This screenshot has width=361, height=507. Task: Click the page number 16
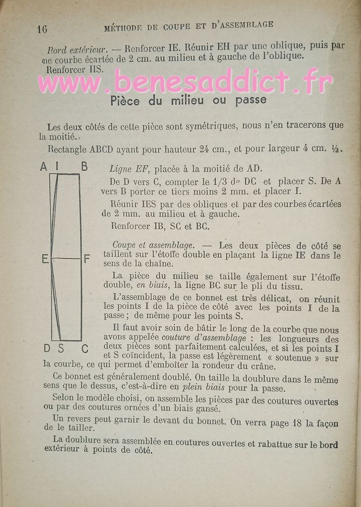tap(42, 29)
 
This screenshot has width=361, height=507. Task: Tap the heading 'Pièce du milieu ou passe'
tap(187, 101)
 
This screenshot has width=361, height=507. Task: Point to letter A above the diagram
tap(44, 167)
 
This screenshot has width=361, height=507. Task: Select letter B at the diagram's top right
tap(84, 167)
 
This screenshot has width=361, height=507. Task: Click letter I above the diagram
tap(57, 167)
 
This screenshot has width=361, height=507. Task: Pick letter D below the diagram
tap(46, 349)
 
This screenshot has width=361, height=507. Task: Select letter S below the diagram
tap(61, 349)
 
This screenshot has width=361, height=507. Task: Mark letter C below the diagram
tap(85, 349)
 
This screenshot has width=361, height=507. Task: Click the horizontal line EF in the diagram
tap(67, 258)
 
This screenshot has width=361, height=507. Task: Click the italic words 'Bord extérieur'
tap(77, 50)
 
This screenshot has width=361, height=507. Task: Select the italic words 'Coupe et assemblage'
tap(153, 245)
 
